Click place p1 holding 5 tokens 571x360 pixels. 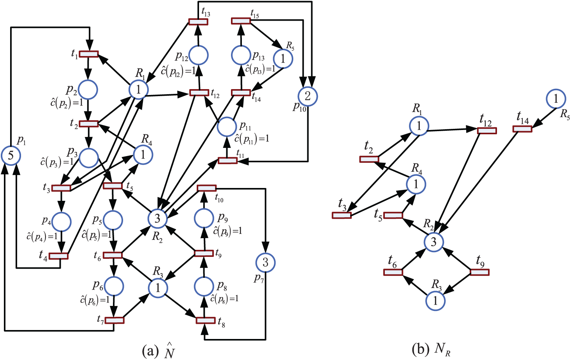click(11, 155)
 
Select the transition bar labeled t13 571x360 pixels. click(198, 22)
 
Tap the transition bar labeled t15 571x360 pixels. click(241, 21)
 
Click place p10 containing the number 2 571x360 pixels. click(308, 96)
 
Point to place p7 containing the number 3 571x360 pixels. click(265, 262)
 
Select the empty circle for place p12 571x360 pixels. click(199, 55)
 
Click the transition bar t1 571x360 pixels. click(88, 54)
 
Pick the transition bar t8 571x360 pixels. click(205, 320)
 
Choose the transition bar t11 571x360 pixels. click(227, 161)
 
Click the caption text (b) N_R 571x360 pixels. click(431, 351)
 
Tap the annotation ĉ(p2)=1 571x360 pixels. click(67, 102)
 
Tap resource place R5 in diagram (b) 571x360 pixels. click(556, 98)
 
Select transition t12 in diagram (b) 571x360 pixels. click(487, 131)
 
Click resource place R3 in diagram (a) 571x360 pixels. click(158, 288)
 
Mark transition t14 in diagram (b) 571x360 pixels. click(522, 129)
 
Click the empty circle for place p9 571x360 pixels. click(204, 218)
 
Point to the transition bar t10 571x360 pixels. click(207, 188)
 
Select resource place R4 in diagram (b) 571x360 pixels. click(416, 184)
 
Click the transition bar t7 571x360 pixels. click(115, 320)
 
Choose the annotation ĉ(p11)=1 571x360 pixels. click(252, 139)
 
